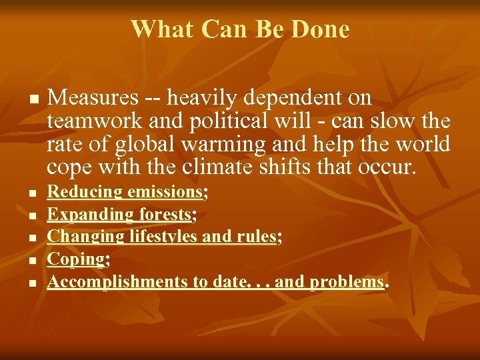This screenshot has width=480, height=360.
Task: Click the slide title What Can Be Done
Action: click(x=240, y=29)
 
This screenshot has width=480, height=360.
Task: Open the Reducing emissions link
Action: click(x=125, y=193)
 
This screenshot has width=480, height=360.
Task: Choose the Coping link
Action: click(x=75, y=259)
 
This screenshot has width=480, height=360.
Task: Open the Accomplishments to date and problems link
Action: click(x=215, y=281)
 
